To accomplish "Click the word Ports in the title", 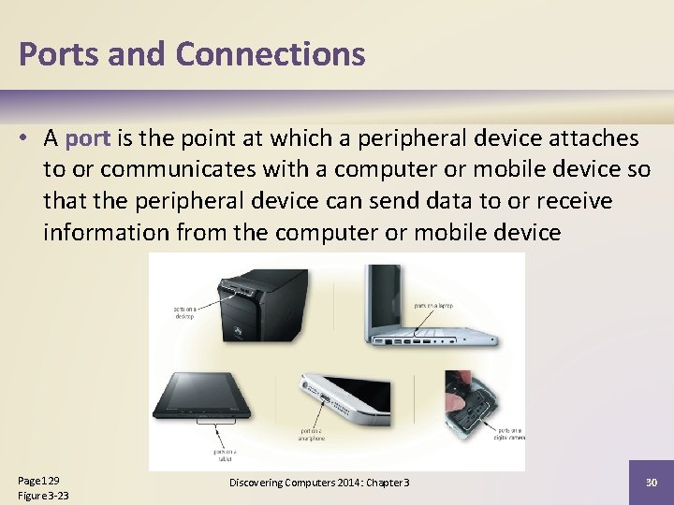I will [x=59, y=54].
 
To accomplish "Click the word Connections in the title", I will [x=270, y=54].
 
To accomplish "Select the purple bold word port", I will [x=88, y=139].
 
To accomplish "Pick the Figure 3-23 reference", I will [x=44, y=495].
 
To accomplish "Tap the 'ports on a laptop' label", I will [x=434, y=304].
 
